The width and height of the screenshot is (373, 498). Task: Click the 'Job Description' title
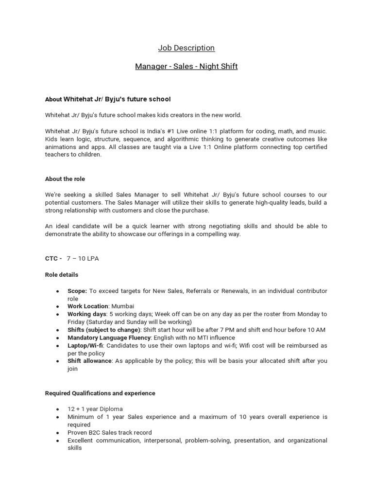coord(186,48)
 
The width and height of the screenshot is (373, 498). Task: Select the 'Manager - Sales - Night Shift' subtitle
coord(186,66)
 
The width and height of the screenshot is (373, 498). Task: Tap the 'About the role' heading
coord(65,179)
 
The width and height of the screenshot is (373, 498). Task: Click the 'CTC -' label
coord(53,258)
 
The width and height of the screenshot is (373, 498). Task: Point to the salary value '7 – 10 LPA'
coord(83,258)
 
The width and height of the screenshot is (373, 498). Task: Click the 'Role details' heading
coord(62,275)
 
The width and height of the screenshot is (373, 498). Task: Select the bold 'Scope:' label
coord(77,291)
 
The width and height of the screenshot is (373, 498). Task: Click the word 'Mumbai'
coord(122,306)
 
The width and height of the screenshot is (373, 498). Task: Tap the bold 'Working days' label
coord(86,314)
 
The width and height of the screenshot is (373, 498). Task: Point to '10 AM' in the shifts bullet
coord(316,330)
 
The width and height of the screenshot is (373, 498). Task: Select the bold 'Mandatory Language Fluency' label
coord(109,338)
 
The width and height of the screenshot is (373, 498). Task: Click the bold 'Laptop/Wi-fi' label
coord(85,345)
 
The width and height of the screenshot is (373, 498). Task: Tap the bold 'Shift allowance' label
coord(89,361)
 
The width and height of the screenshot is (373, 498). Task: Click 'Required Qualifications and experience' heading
coord(100,393)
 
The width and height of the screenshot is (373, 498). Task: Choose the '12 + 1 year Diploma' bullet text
coord(95,409)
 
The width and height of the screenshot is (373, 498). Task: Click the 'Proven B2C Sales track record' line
coord(110,432)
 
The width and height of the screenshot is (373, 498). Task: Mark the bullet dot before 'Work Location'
coord(58,307)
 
